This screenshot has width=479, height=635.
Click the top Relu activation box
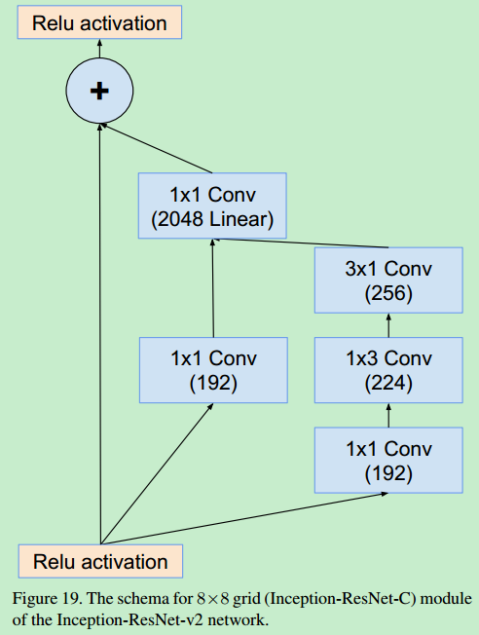[x=99, y=23]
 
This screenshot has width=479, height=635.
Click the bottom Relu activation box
[x=100, y=561]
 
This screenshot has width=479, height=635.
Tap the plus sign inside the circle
[x=98, y=91]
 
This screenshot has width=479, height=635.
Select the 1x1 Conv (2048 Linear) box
[x=212, y=206]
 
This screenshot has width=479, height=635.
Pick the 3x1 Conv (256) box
[x=388, y=280]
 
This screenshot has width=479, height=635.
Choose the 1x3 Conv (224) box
[x=388, y=370]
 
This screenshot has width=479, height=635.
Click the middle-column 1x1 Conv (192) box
[x=212, y=370]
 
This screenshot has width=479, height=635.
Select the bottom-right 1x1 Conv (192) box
[x=388, y=461]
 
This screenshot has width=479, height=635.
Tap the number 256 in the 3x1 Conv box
[x=388, y=292]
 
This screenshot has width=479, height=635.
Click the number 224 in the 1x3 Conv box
[x=388, y=383]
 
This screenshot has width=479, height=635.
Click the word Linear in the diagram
[x=238, y=220]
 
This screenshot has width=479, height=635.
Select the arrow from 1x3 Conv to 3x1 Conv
[x=388, y=324]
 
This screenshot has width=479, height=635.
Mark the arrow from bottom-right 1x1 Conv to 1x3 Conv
[x=388, y=415]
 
